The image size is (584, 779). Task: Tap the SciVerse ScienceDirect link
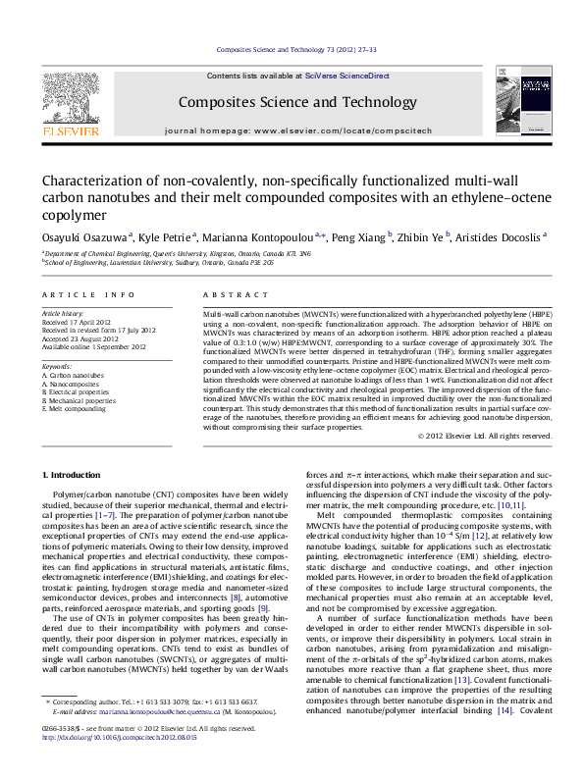(x=346, y=76)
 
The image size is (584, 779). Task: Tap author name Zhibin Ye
(x=423, y=236)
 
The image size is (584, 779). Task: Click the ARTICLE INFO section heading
(x=88, y=295)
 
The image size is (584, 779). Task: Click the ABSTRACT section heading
(x=228, y=295)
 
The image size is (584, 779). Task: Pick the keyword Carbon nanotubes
(x=76, y=375)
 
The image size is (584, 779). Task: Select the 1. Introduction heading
(x=73, y=475)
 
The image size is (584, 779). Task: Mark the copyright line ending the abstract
(x=485, y=436)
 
